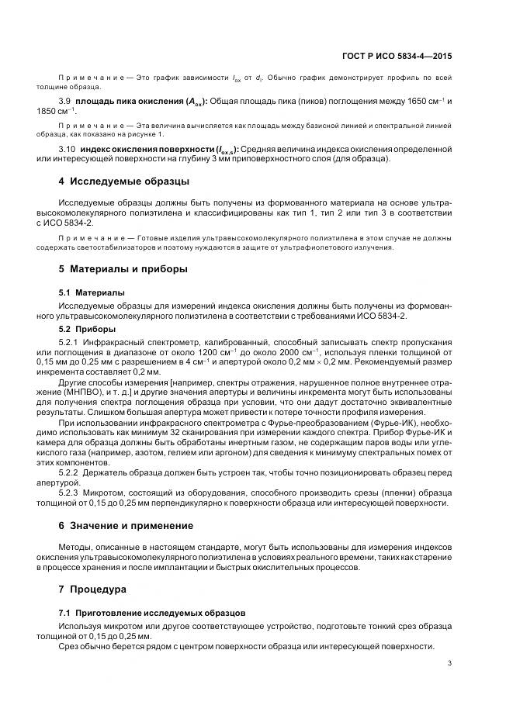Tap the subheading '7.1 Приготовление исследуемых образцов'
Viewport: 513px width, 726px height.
(153, 613)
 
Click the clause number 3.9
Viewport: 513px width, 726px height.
(66, 102)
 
